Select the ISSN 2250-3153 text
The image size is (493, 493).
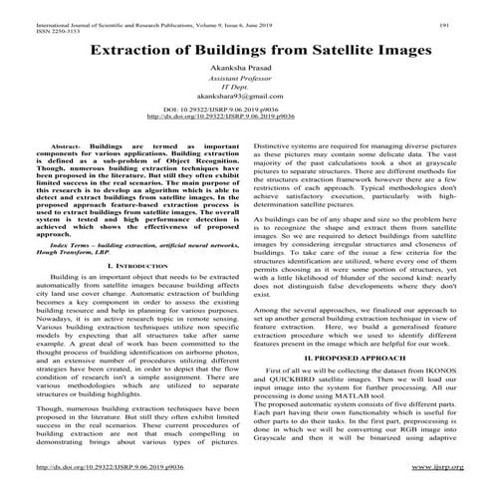coord(36,19)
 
